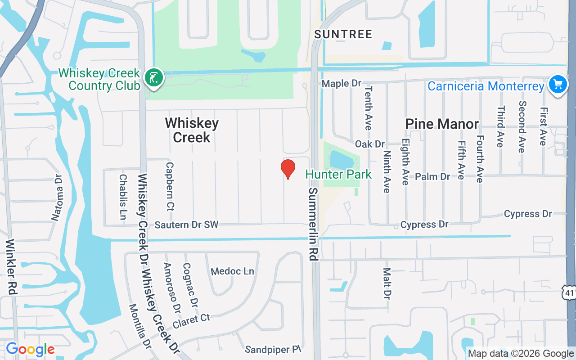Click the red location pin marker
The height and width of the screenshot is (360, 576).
click(x=288, y=169)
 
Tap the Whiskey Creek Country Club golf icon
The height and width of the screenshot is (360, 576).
click(x=153, y=78)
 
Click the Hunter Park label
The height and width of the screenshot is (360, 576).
click(x=338, y=174)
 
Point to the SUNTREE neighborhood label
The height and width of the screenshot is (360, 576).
click(x=343, y=34)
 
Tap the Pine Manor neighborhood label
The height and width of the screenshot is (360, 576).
click(x=442, y=124)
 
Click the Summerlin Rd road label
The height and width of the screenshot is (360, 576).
click(x=313, y=224)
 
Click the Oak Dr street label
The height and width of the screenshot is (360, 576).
click(x=370, y=144)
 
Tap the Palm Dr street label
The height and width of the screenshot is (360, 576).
click(x=432, y=176)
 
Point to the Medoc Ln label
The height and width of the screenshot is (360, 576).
click(x=233, y=271)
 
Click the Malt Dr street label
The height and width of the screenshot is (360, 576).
click(x=387, y=283)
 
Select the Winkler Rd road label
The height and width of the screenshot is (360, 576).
click(x=12, y=267)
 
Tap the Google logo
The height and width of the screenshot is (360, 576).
click(x=30, y=349)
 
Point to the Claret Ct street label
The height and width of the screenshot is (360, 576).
click(x=191, y=321)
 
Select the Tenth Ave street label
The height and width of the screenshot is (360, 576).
click(x=368, y=108)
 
